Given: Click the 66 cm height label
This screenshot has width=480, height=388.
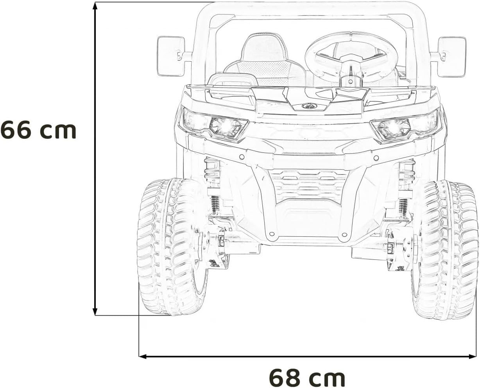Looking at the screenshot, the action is click(x=38, y=131).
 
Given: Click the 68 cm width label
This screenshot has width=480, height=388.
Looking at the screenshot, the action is click(x=307, y=377).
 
